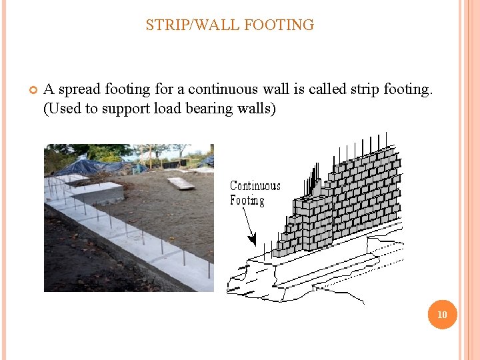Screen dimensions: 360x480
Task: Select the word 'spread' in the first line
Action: [79, 89]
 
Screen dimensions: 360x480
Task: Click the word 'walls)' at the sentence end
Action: [254, 108]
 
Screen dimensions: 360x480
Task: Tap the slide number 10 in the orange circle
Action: [443, 314]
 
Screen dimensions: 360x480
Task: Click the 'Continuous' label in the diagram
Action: [255, 186]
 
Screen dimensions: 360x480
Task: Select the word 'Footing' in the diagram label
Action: [247, 201]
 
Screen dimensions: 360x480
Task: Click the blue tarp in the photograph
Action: [90, 167]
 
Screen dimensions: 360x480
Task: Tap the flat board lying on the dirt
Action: [181, 183]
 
